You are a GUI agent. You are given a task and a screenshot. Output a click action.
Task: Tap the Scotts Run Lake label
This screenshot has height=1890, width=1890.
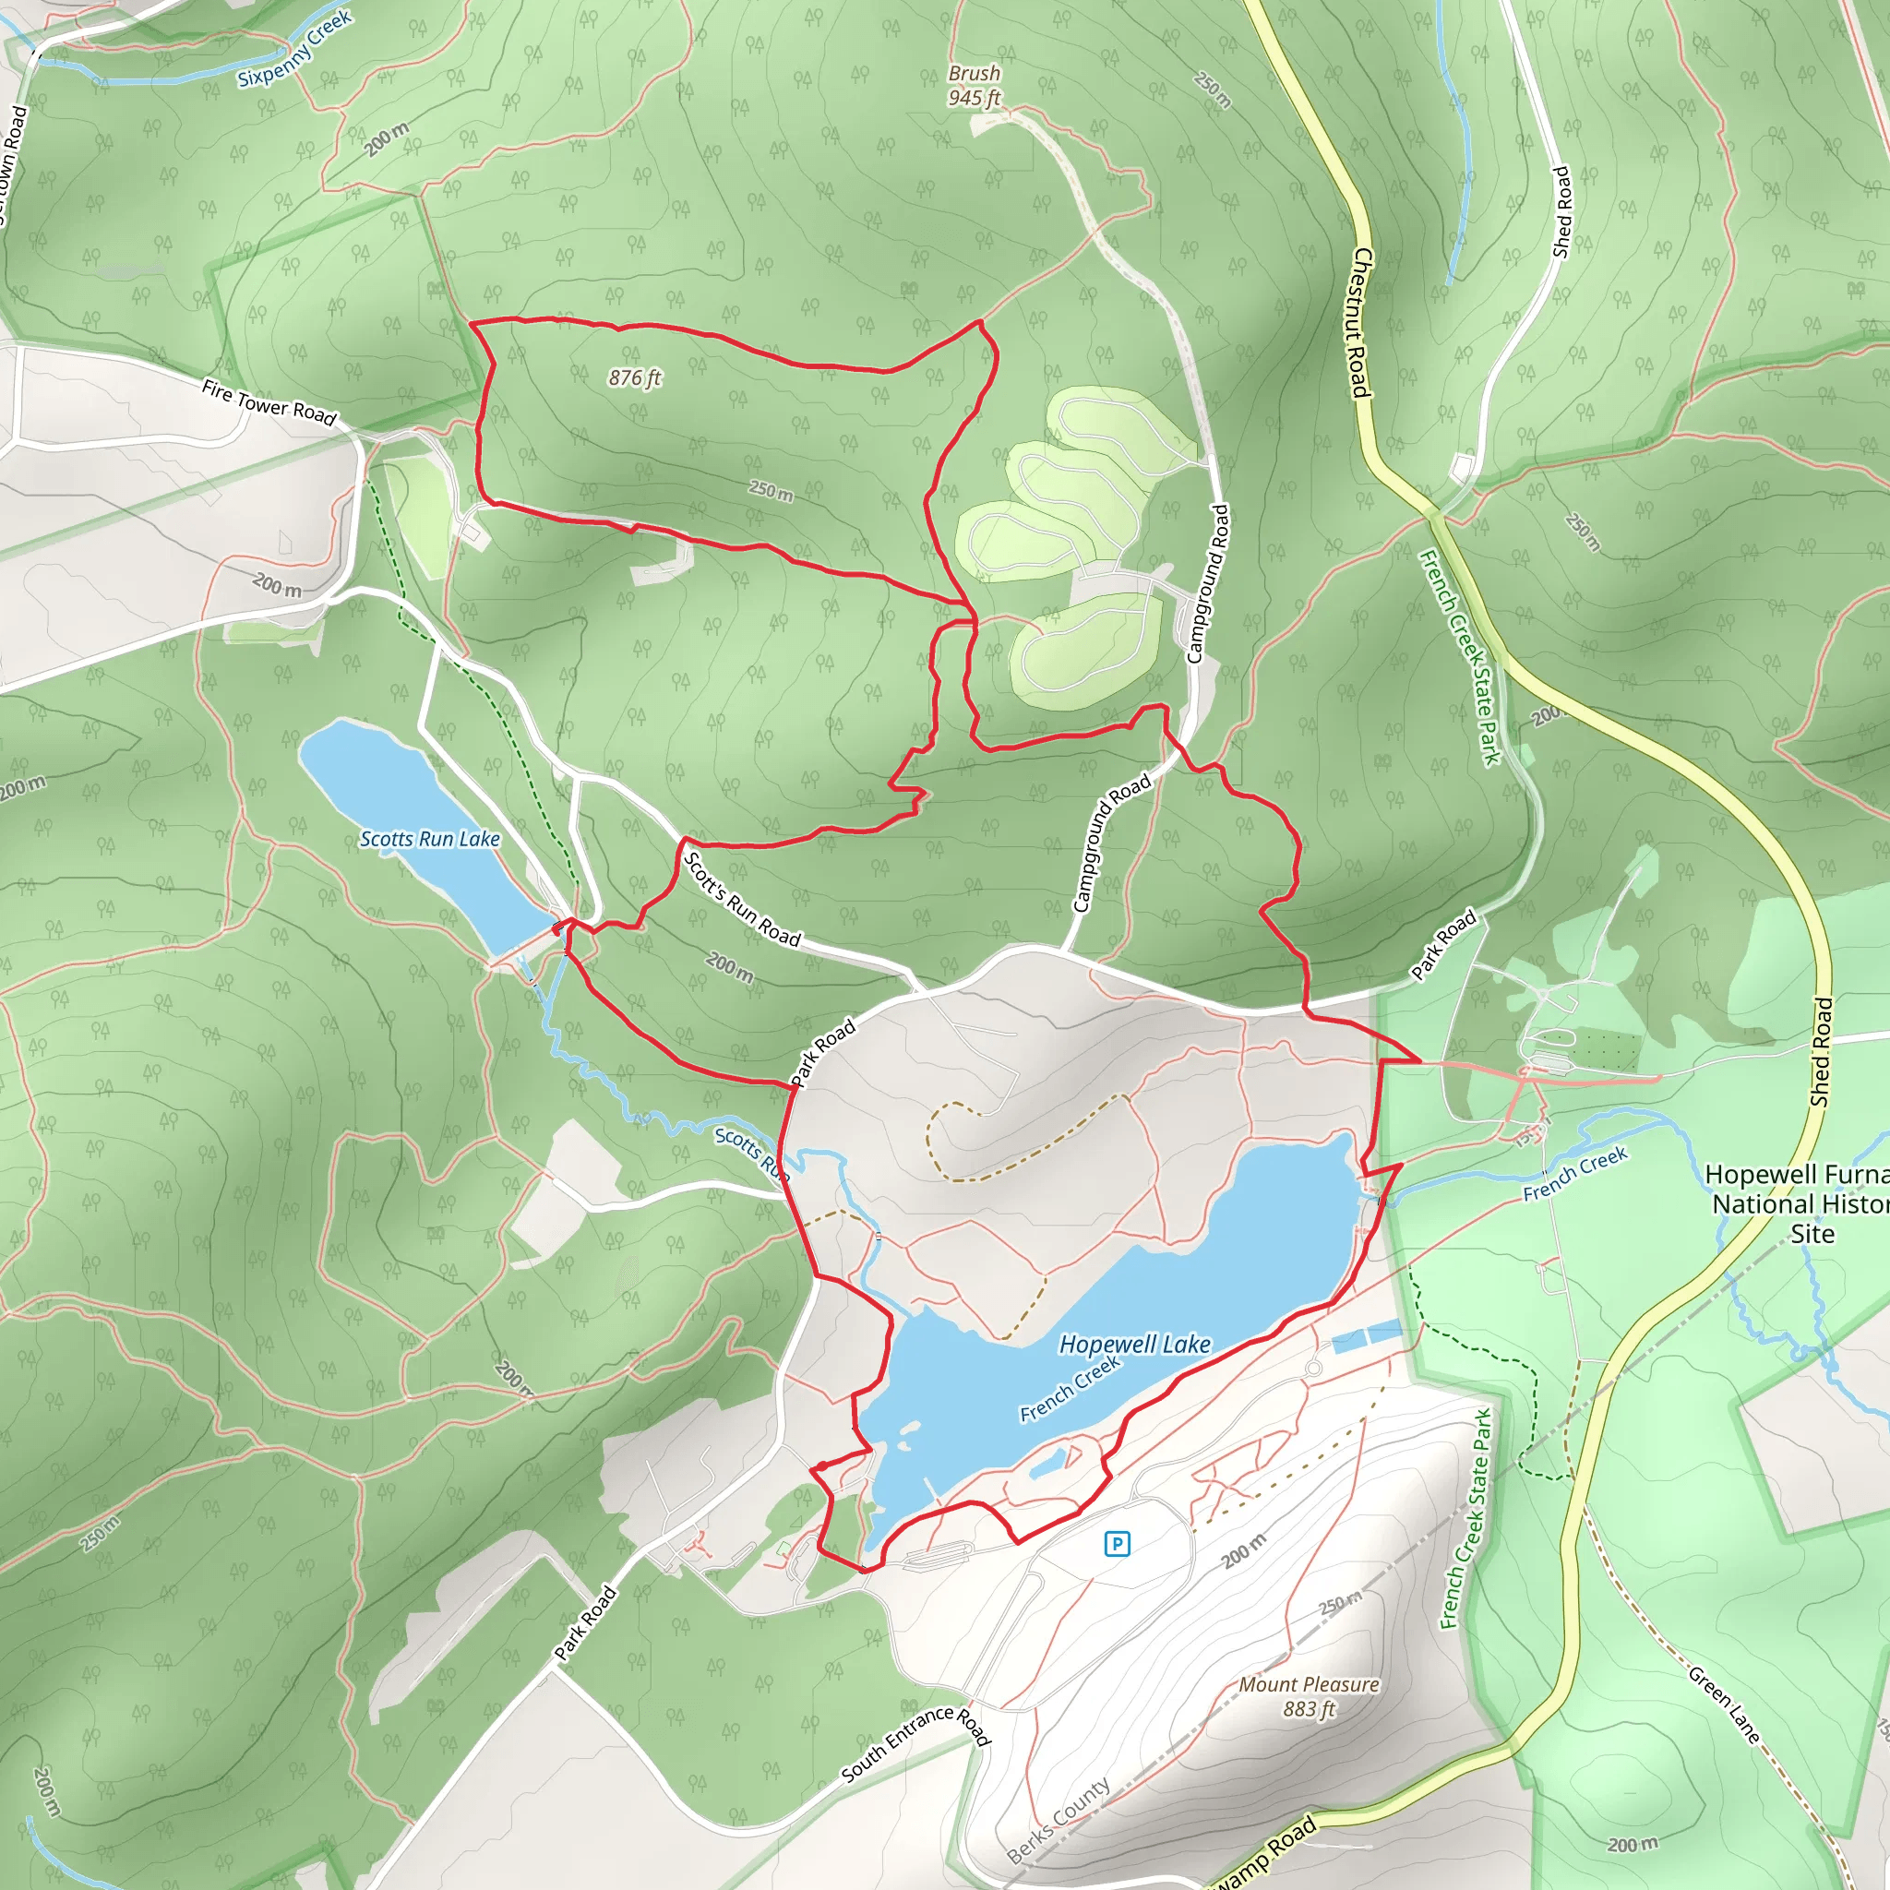tap(429, 840)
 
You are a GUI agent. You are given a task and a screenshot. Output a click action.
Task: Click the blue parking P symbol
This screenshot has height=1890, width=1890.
tap(1118, 1544)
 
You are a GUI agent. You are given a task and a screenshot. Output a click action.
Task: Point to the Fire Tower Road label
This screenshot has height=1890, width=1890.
tap(269, 402)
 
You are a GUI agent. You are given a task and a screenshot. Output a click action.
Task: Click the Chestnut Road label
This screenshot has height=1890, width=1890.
tap(1362, 323)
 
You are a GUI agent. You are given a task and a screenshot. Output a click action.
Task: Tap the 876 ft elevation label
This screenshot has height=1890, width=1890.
tap(635, 377)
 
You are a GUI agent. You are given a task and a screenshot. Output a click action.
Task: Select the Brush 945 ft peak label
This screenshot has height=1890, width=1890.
tap(975, 85)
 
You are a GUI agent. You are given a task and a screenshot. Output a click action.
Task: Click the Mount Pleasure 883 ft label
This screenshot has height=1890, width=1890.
tap(1309, 1696)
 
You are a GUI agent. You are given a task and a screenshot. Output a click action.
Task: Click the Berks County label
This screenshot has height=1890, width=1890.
tap(1059, 1820)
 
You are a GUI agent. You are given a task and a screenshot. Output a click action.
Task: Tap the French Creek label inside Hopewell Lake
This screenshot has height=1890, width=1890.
tap(1071, 1389)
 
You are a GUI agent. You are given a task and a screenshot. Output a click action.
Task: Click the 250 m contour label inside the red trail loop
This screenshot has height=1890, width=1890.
tap(771, 490)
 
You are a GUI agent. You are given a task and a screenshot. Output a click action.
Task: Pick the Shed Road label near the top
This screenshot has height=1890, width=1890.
tap(1561, 212)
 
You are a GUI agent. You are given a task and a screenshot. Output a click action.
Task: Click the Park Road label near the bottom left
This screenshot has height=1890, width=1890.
tap(585, 1623)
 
